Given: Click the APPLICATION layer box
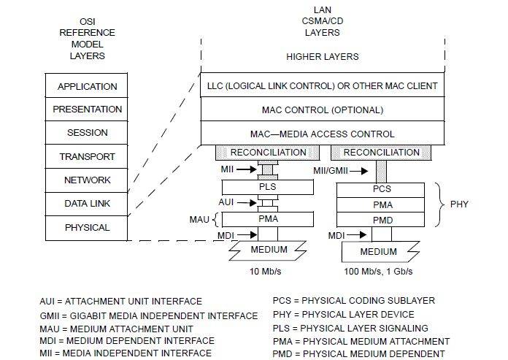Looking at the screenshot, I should tap(87, 86).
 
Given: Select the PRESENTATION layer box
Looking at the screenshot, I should tap(87, 110).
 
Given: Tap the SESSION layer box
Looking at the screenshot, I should tap(87, 133).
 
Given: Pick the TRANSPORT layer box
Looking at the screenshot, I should tap(87, 156).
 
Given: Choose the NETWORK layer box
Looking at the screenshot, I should tap(87, 180).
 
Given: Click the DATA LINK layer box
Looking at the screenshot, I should tap(87, 204).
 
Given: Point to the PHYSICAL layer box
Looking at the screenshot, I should tap(87, 227).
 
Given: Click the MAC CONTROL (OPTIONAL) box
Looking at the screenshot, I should tap(322, 110).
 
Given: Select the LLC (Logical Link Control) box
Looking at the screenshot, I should tap(322, 86).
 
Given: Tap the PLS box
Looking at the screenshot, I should tap(268, 187).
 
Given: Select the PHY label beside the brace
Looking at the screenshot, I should tap(459, 204).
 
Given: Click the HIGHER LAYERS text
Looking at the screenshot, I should tap(322, 56).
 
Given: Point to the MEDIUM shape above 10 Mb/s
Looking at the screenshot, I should tap(269, 250).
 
